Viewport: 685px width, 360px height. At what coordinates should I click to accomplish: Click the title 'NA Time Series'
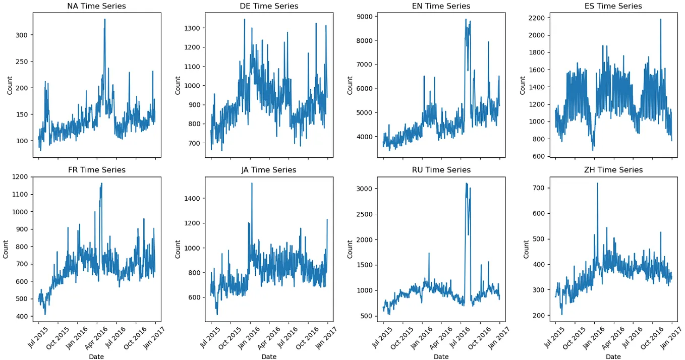click(96, 6)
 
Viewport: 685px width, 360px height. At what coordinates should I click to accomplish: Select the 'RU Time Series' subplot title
click(441, 170)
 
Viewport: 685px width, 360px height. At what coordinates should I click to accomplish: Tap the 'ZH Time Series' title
click(613, 170)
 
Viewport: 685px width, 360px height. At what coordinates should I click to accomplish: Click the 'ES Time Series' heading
click(613, 6)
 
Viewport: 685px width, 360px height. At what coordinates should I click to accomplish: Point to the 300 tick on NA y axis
click(22, 35)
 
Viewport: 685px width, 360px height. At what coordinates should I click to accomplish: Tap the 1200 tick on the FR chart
click(20, 177)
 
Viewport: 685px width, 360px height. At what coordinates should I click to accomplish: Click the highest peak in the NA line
click(105, 20)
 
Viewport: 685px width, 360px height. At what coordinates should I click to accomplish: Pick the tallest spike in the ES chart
click(660, 20)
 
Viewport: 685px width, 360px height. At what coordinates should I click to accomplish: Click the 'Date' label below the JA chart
click(268, 356)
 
